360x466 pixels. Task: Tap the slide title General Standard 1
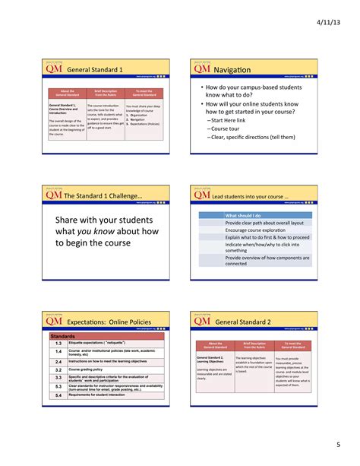pos(95,69)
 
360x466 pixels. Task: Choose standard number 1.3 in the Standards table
pos(58,343)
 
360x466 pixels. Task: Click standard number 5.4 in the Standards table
pos(58,395)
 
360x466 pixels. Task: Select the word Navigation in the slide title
pos(237,69)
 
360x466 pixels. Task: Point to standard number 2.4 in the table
pos(58,361)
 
